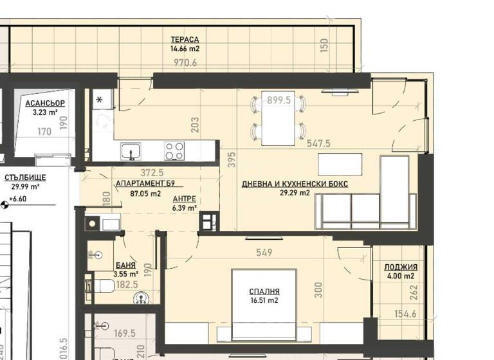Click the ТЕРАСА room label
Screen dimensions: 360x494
click(x=185, y=39)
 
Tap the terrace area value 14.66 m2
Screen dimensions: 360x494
click(x=185, y=48)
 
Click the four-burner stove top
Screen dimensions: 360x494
click(x=174, y=151)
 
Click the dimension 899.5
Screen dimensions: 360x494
click(x=279, y=100)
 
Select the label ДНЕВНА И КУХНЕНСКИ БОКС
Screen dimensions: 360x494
click(x=295, y=184)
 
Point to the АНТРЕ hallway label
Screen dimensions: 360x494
click(x=183, y=199)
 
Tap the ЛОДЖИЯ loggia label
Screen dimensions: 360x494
click(x=401, y=267)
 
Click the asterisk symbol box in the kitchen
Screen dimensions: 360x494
click(x=100, y=100)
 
